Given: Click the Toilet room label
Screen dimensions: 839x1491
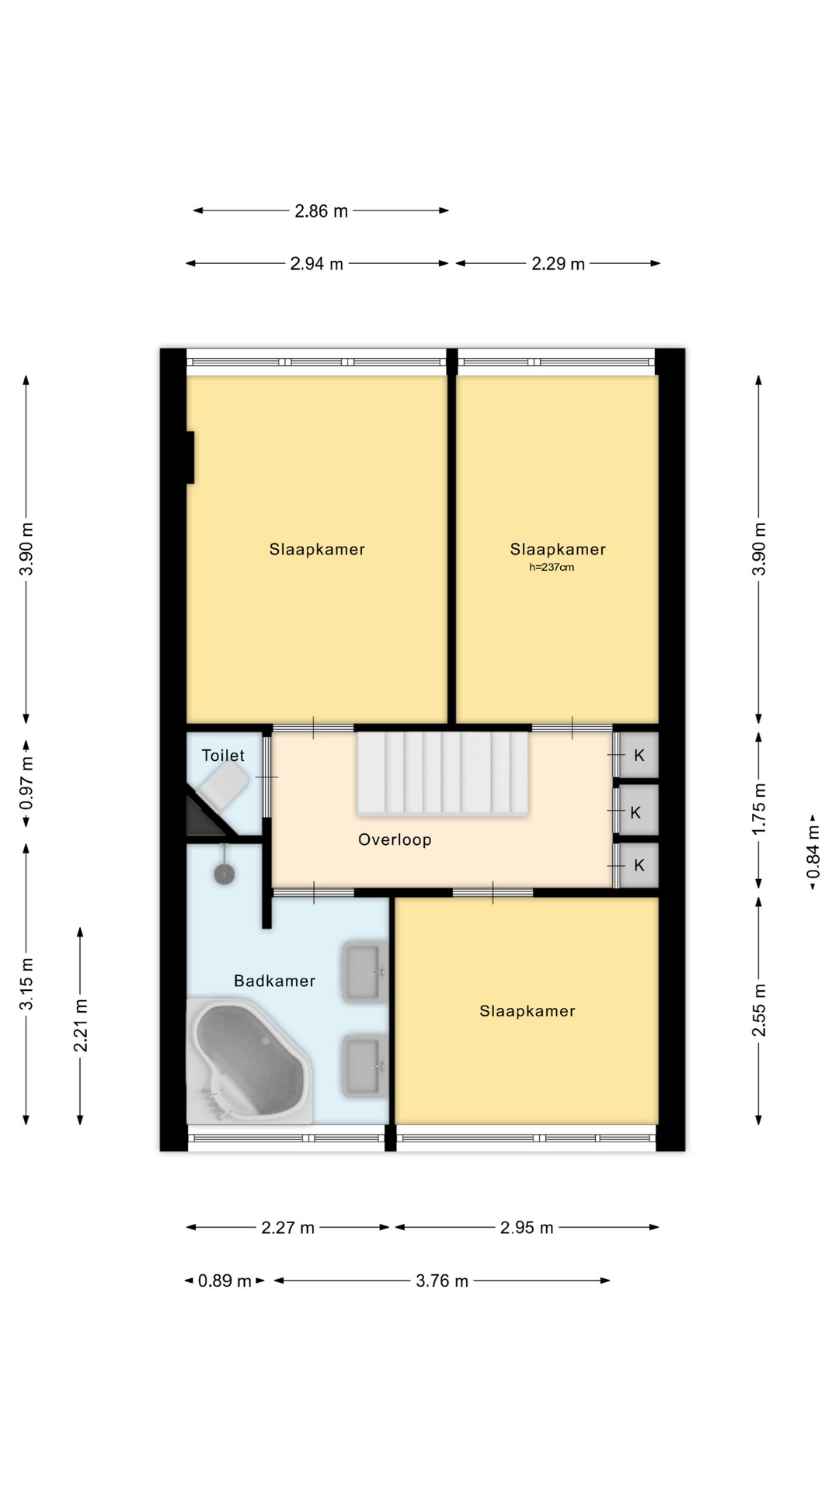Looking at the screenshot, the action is point(223,756).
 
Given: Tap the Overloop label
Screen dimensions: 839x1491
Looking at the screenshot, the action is point(395,839).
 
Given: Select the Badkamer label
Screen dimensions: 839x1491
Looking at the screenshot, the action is point(274,981).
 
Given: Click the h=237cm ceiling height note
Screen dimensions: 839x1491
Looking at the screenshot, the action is point(552,568).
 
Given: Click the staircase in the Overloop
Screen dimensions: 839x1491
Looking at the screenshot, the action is point(443,773).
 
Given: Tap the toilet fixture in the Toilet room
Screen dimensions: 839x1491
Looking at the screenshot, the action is point(223,784).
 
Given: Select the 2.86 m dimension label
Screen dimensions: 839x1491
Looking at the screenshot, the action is point(321,211).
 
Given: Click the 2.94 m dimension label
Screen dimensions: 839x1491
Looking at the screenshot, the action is point(316,264).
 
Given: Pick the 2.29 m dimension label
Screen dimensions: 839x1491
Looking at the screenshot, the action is point(558,264).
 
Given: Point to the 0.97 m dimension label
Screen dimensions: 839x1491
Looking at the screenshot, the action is point(26,784).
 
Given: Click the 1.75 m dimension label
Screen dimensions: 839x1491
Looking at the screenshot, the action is point(759,808).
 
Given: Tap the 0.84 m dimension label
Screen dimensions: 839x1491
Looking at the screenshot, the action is point(813,852).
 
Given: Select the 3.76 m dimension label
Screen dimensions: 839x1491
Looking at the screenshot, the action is point(442,1281).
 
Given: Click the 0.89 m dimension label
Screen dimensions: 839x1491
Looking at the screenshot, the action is point(225,1281).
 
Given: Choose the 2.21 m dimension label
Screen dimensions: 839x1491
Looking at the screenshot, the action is point(81,1025).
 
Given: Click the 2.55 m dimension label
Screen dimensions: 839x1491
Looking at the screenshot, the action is point(759,1010).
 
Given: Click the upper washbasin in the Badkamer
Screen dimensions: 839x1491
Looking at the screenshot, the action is point(364,971).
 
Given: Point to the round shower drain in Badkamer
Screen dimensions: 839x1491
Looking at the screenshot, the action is point(225,874).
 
